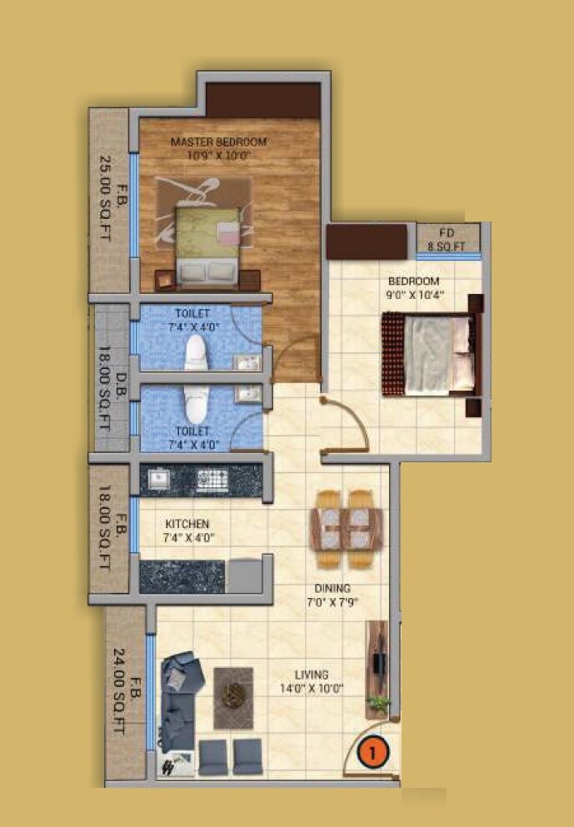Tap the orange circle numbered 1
click(x=374, y=751)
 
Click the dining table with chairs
click(x=346, y=528)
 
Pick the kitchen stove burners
click(x=211, y=479)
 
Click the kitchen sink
click(x=158, y=479)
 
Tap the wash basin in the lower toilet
click(x=246, y=394)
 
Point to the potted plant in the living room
click(x=379, y=705)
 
